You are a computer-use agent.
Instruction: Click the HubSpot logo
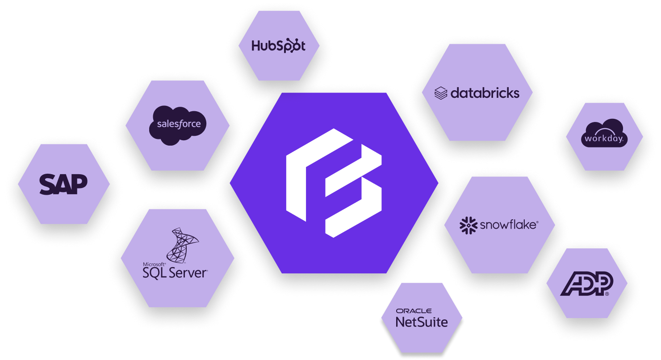pos(278,46)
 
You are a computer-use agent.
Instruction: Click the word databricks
pos(485,93)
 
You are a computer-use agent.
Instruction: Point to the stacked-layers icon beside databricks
pos(441,93)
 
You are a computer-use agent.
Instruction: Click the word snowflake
pos(508,225)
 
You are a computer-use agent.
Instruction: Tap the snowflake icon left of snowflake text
pos(468,226)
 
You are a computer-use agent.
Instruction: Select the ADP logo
pos(586,284)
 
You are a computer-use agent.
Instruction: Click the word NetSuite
pos(422,321)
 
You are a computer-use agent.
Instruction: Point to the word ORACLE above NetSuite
pos(414,311)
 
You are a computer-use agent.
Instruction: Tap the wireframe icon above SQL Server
pos(182,244)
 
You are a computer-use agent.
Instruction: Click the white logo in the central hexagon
pos(334,182)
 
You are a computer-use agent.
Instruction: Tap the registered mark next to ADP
pos(606,294)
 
